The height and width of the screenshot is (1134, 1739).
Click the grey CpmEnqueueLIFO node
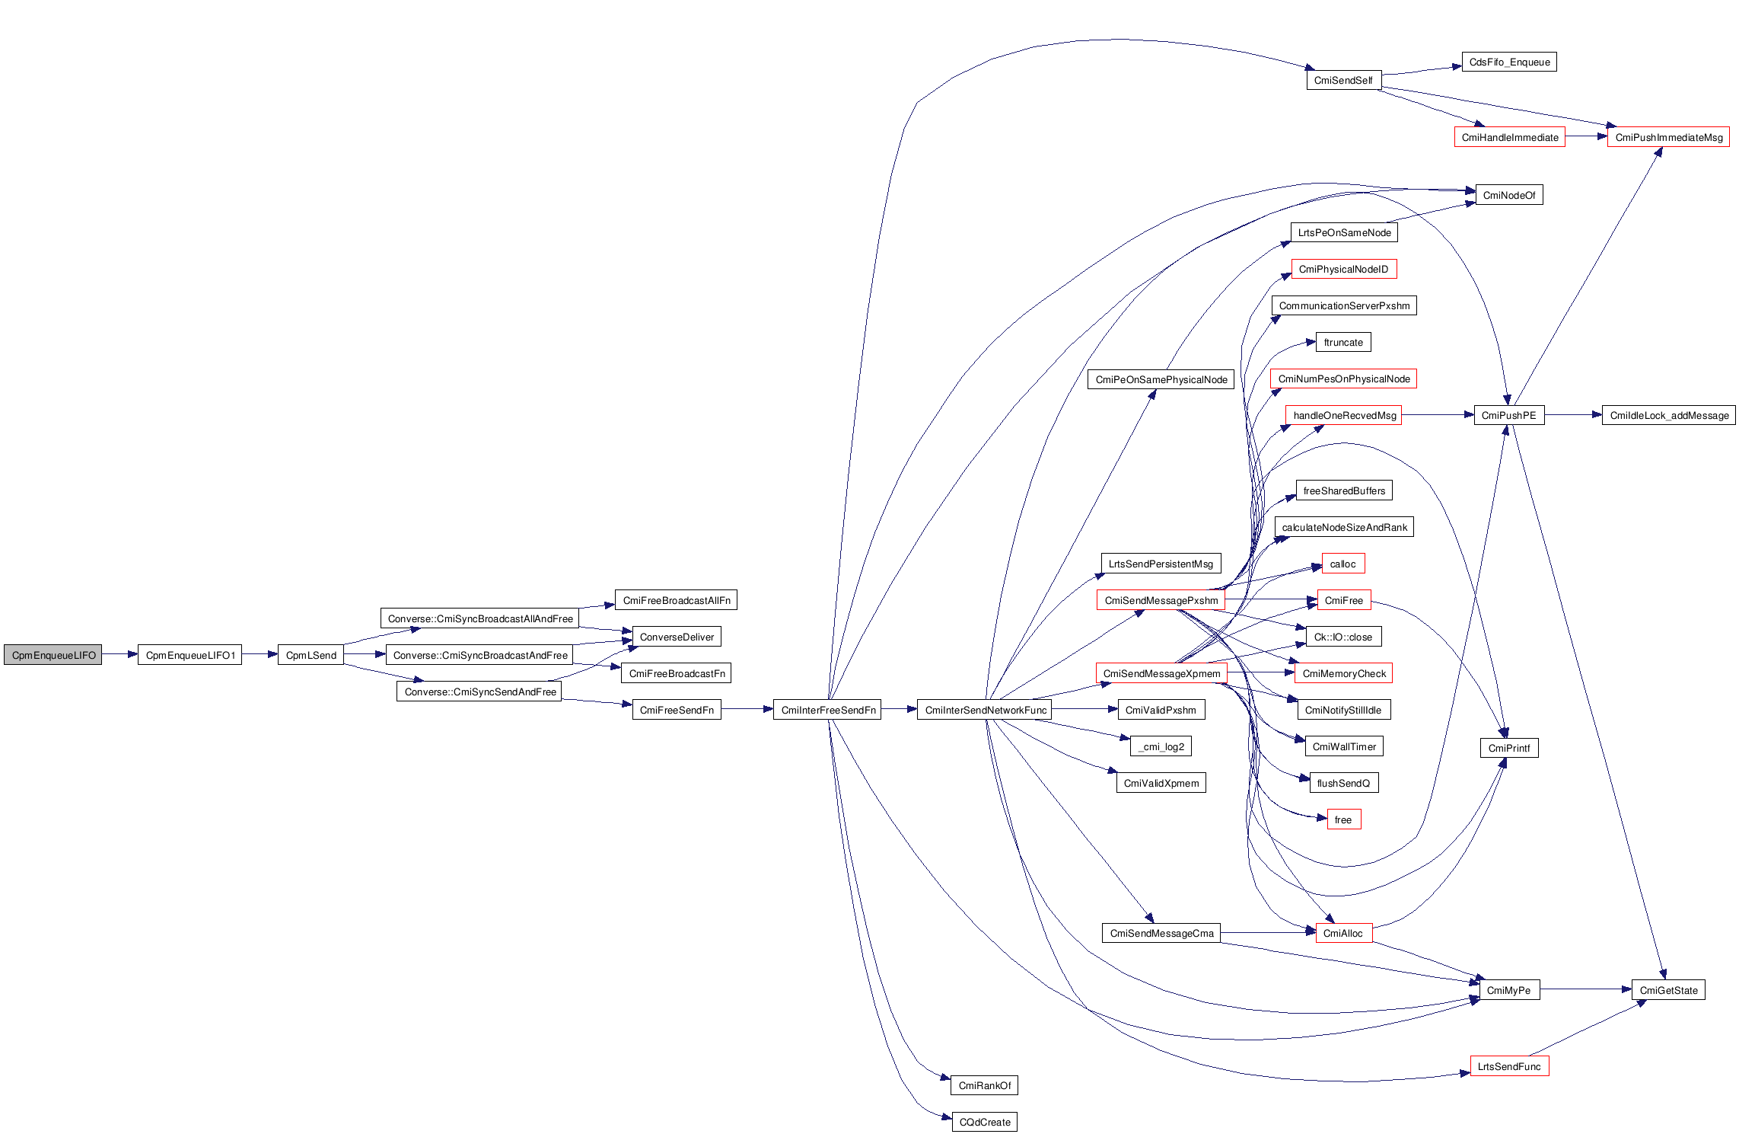pyautogui.click(x=53, y=655)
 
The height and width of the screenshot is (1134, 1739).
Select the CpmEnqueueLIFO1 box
pyautogui.click(x=190, y=655)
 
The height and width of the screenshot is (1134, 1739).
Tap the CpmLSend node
pyautogui.click(x=311, y=655)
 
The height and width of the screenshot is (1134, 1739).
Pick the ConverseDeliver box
pyautogui.click(x=677, y=637)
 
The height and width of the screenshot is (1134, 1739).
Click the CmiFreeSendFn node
pyautogui.click(x=677, y=710)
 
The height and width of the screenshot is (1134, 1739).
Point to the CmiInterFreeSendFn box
pyautogui.click(x=827, y=710)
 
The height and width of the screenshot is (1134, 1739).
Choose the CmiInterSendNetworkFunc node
pyautogui.click(x=985, y=710)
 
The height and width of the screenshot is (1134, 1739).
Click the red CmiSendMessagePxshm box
pyautogui.click(x=1161, y=600)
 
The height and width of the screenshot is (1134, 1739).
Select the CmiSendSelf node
pyautogui.click(x=1343, y=80)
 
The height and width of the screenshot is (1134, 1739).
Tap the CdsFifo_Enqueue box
pyautogui.click(x=1509, y=62)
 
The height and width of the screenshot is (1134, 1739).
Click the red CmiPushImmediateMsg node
pyautogui.click(x=1668, y=137)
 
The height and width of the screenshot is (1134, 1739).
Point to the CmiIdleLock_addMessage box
pyautogui.click(x=1668, y=415)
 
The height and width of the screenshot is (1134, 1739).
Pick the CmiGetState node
pyautogui.click(x=1668, y=990)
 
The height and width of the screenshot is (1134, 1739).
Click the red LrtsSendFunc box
pyautogui.click(x=1509, y=1066)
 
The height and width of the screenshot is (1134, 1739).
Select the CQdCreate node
pyautogui.click(x=985, y=1122)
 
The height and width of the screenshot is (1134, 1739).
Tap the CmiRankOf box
pyautogui.click(x=985, y=1085)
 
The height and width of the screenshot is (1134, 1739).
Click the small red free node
pyautogui.click(x=1343, y=819)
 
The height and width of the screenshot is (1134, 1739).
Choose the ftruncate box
pyautogui.click(x=1343, y=342)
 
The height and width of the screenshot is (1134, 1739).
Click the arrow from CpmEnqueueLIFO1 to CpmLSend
pyautogui.click(x=260, y=654)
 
